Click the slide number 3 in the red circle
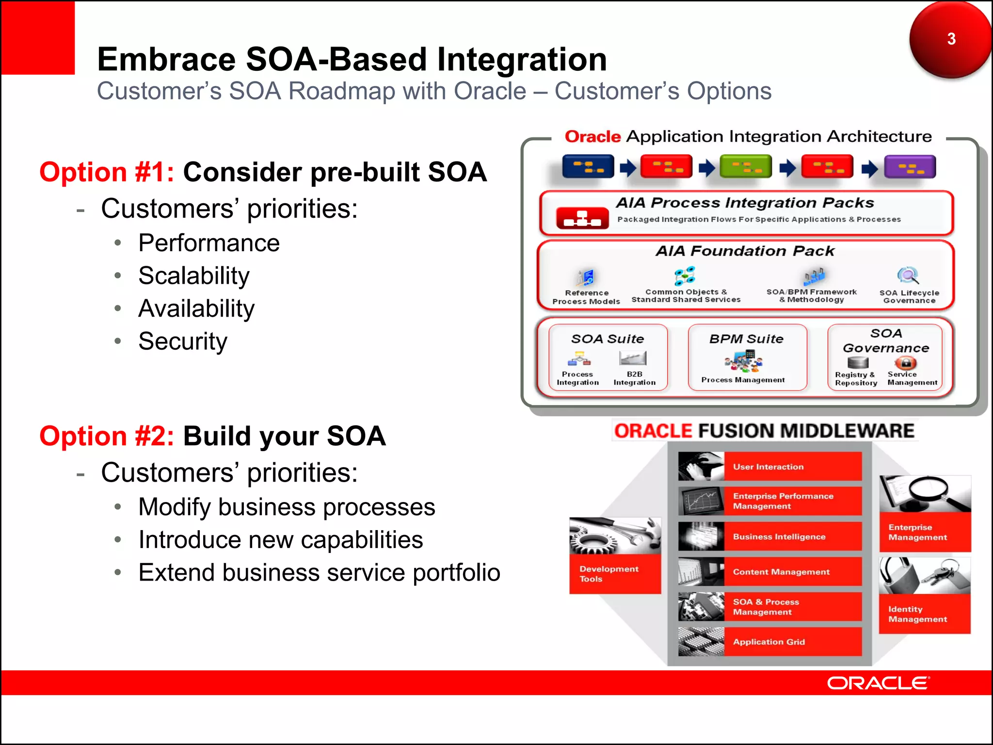pyautogui.click(x=951, y=39)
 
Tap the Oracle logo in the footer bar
pyautogui.click(x=878, y=683)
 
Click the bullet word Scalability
pyautogui.click(x=193, y=275)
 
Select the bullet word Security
pyautogui.click(x=182, y=341)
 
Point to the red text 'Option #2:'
pyautogui.click(x=107, y=436)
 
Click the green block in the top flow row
pyautogui.click(x=746, y=167)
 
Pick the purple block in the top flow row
pyautogui.click(x=910, y=167)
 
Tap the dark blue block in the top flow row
pyautogui.click(x=588, y=166)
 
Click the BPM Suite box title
pyautogui.click(x=746, y=339)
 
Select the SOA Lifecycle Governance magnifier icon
pyautogui.click(x=908, y=276)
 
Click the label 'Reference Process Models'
pyautogui.click(x=586, y=297)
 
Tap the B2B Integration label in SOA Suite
pyautogui.click(x=634, y=378)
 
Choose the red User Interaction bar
pyautogui.click(x=793, y=467)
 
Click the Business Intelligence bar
pyautogui.click(x=793, y=536)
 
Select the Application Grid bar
pyautogui.click(x=793, y=642)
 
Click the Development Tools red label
pyautogui.click(x=614, y=574)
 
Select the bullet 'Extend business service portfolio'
pyautogui.click(x=319, y=572)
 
